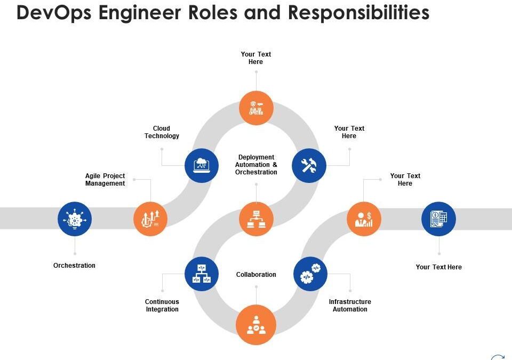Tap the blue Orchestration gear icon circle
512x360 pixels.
75,219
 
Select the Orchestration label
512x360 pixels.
75,266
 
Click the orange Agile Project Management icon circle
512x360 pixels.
150,219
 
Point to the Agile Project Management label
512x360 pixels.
105,180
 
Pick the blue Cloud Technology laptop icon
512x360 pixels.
202,165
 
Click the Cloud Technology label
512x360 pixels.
162,132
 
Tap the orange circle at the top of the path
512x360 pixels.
256,108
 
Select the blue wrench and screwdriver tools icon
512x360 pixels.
309,165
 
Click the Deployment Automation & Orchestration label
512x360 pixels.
256,165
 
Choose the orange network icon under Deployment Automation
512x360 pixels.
256,219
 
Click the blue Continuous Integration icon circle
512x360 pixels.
202,273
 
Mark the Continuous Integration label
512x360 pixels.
162,306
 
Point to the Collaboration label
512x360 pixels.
256,275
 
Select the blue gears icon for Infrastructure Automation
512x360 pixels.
310,273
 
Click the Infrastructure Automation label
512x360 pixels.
350,306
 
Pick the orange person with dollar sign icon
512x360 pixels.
364,219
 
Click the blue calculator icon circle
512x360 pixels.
438,219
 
